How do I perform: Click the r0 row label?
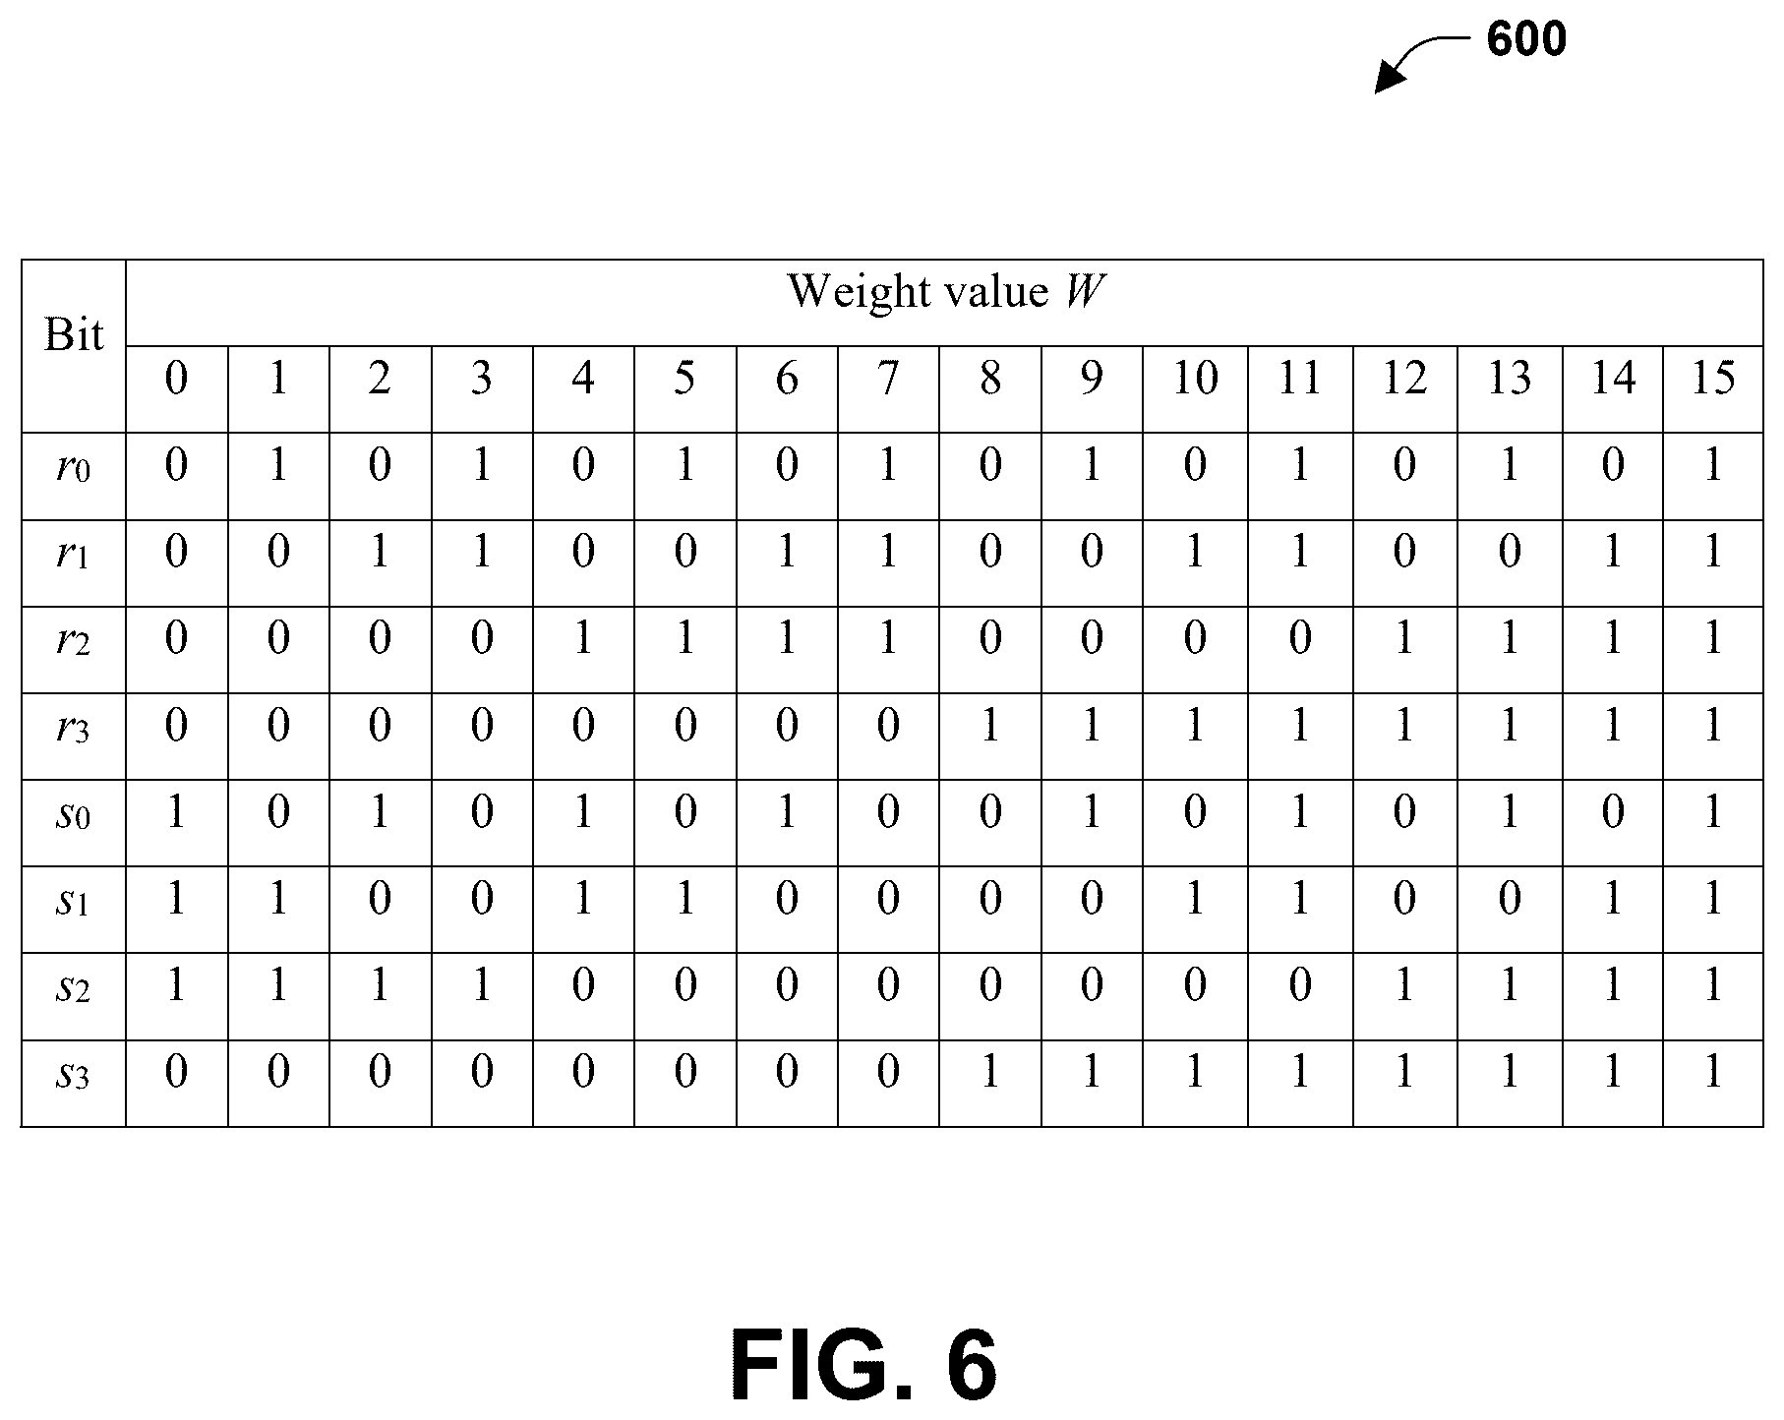click(x=74, y=466)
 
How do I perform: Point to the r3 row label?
click(x=74, y=728)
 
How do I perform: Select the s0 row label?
click(x=74, y=814)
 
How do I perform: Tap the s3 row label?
click(x=74, y=1075)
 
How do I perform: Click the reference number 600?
click(x=1526, y=39)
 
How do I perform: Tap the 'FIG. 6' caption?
click(x=864, y=1366)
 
